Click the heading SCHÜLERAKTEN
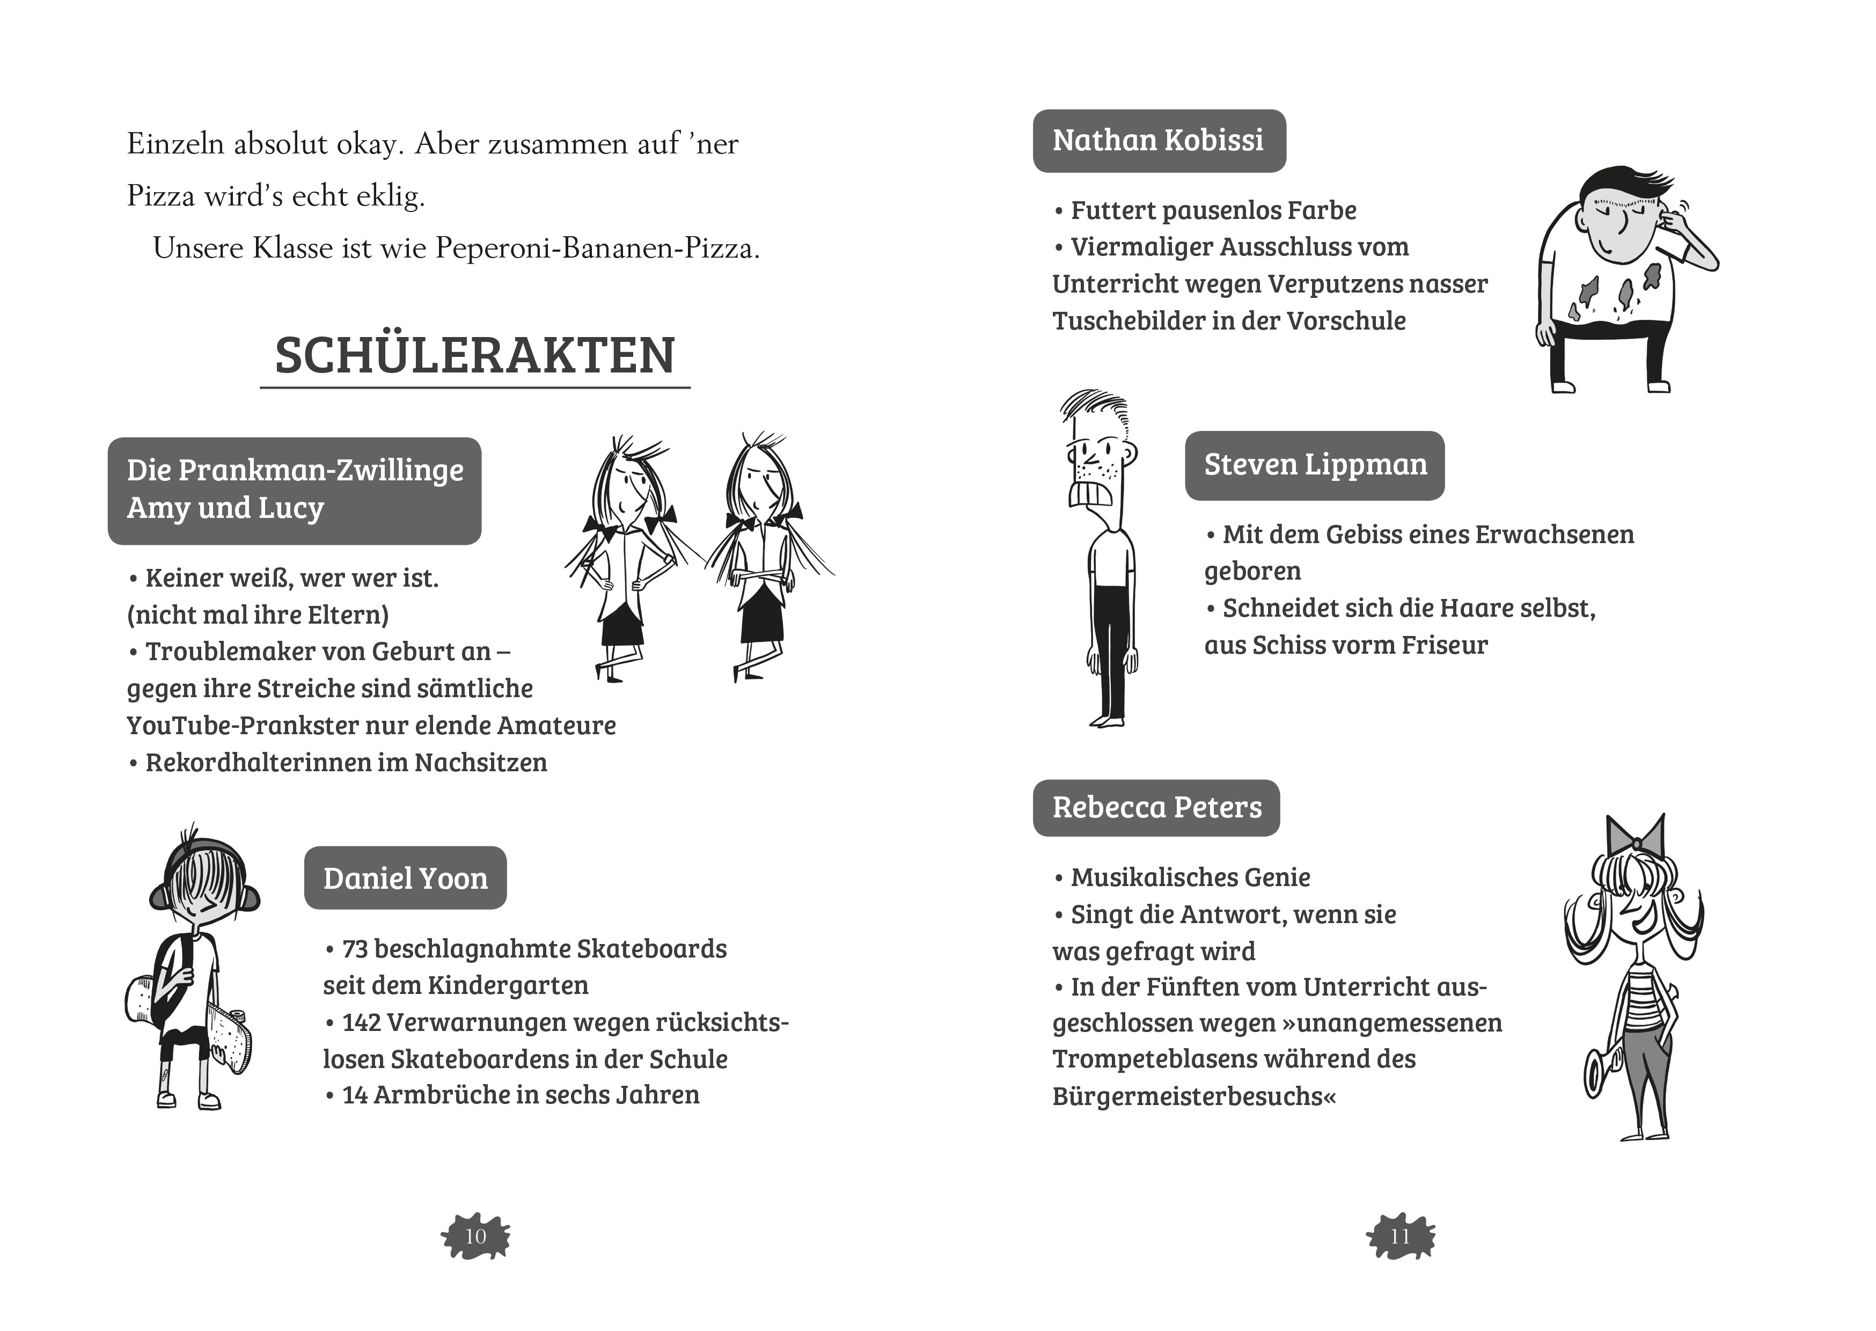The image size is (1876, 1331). pos(474,356)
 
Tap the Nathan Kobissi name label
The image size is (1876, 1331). pos(1159,141)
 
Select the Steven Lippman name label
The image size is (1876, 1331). pos(1314,465)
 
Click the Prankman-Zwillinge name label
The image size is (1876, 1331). pos(294,490)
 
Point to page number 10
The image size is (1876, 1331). pos(475,1236)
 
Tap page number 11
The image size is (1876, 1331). pos(1400,1236)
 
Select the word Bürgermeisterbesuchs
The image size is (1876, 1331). pos(1193,1096)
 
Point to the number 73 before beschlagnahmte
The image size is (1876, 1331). pos(355,949)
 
